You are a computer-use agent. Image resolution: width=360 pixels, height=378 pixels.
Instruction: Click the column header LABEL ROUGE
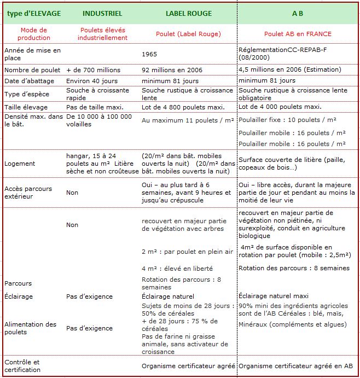tap(188, 13)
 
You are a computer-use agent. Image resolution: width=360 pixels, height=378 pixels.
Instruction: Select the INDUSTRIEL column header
tap(102, 13)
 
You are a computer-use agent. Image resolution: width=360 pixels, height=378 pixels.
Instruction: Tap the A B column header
tap(298, 13)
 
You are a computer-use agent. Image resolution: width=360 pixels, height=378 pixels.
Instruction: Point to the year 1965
tap(149, 54)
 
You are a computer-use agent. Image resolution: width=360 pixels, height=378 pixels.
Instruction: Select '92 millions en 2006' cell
tap(172, 70)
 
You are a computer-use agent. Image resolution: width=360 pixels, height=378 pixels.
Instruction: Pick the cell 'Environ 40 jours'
tap(89, 80)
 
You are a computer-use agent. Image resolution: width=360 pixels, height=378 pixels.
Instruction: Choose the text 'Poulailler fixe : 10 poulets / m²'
tap(288, 120)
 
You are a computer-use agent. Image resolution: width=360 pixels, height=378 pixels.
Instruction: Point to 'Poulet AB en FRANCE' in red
tap(298, 34)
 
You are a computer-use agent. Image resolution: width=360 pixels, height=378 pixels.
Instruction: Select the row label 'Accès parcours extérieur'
tap(28, 193)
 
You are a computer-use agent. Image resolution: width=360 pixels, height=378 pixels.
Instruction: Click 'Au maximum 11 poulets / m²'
tap(184, 120)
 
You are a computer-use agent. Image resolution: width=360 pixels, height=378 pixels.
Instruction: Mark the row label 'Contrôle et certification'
tap(23, 366)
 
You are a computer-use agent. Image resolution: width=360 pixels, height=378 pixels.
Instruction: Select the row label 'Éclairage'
tap(19, 296)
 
